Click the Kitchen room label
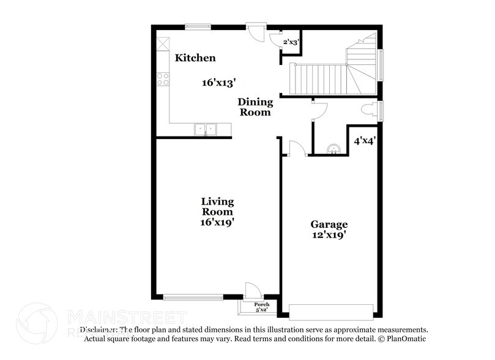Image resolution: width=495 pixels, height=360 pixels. [x=195, y=58]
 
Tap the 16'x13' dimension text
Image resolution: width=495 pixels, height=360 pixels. [x=218, y=82]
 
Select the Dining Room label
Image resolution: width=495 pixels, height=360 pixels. [x=255, y=107]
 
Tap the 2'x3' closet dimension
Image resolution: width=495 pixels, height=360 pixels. [x=291, y=42]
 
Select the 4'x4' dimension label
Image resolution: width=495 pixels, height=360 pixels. [x=365, y=140]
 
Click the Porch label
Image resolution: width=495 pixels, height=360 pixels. [x=261, y=304]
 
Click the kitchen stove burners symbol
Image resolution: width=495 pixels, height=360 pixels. [x=163, y=78]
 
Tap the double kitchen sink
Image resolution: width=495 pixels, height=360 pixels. [x=206, y=129]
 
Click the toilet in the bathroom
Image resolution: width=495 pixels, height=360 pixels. [x=370, y=110]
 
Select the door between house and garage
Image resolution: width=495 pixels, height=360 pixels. [x=296, y=149]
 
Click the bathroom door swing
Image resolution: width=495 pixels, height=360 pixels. [x=319, y=110]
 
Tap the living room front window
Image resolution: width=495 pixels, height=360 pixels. [x=193, y=298]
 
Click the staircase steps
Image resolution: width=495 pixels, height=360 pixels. [x=318, y=78]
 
